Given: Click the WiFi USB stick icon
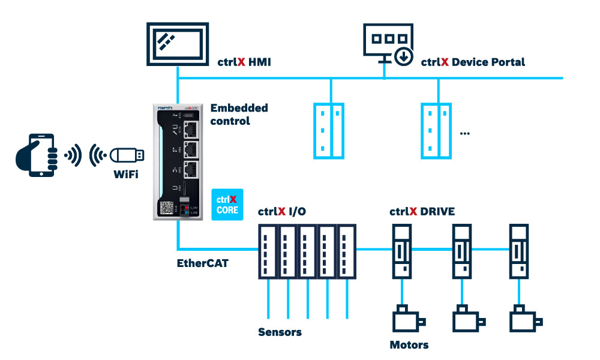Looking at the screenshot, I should click(x=125, y=155).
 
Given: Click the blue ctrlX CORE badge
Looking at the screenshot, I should click(x=227, y=204).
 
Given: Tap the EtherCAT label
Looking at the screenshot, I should click(x=202, y=263).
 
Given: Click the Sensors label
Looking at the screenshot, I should click(x=280, y=332).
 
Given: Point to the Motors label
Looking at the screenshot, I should click(x=409, y=344).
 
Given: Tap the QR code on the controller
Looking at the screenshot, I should click(x=166, y=208).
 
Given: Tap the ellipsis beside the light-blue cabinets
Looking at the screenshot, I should click(x=464, y=133).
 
